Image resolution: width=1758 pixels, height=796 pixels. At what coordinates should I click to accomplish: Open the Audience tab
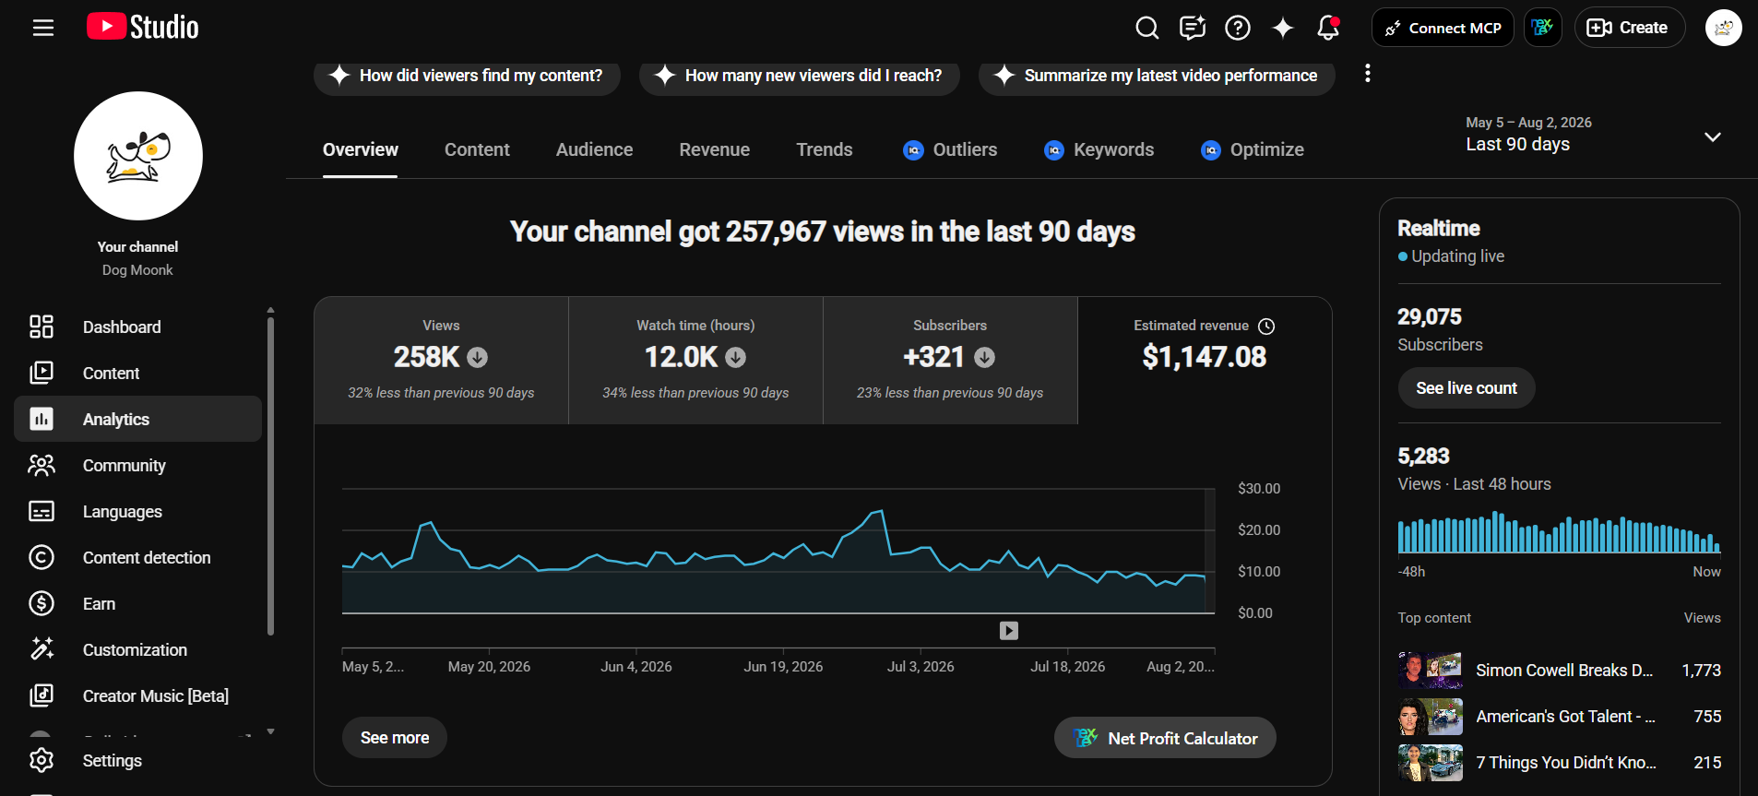594,149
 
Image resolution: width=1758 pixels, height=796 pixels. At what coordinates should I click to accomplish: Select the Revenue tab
715,149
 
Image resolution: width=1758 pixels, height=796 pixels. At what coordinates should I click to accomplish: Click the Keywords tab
1099,149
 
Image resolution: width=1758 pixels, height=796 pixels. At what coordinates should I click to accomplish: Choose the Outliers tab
950,149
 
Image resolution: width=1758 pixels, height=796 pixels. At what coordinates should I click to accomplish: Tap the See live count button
1467,388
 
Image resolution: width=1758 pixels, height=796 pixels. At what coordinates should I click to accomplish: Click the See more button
395,738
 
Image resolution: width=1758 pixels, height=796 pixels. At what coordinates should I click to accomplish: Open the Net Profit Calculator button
1165,738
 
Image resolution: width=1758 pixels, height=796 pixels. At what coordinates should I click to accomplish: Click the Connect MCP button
1443,28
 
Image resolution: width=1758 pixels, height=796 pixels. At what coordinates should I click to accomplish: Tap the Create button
1630,28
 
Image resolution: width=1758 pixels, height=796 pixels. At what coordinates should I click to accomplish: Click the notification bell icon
1328,28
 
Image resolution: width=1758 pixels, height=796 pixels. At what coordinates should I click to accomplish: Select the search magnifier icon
1147,28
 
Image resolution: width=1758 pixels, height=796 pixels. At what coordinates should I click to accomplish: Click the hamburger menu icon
43,28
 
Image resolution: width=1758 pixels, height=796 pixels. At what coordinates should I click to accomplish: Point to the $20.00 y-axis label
1259,530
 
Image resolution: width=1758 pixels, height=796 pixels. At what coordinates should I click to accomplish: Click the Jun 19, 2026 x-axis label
783,667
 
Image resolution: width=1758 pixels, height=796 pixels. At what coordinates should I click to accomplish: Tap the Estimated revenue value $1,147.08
1205,357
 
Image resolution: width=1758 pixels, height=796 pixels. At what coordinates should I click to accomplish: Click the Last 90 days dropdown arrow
1713,137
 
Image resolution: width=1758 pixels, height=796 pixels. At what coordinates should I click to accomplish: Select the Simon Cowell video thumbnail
1431,671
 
